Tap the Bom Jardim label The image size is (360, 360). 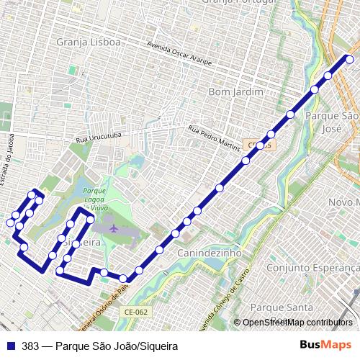click(x=232, y=92)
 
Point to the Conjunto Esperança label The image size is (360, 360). click(x=312, y=268)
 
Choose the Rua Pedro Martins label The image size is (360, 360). click(x=214, y=138)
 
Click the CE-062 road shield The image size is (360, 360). click(x=135, y=312)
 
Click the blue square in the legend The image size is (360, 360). click(x=10, y=346)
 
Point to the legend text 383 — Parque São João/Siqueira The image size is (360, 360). click(x=99, y=346)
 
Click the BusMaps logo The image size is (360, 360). click(x=326, y=345)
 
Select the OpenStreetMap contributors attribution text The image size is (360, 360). click(x=297, y=323)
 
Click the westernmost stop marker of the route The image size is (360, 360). click(x=11, y=222)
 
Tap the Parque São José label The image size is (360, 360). click(x=332, y=121)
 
